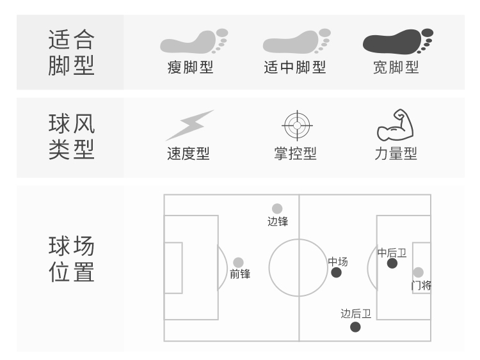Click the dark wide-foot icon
pyautogui.click(x=397, y=42)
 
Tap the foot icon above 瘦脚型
pyautogui.click(x=194, y=42)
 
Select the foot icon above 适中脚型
pyautogui.click(x=296, y=42)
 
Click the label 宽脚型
pyautogui.click(x=396, y=67)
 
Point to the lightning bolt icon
pyautogui.click(x=190, y=125)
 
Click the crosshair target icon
pyautogui.click(x=297, y=125)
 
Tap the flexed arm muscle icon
pyautogui.click(x=396, y=125)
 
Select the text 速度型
pyautogui.click(x=188, y=153)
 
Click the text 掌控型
pyautogui.click(x=295, y=153)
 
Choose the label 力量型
pyautogui.click(x=396, y=153)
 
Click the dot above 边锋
pyautogui.click(x=277, y=208)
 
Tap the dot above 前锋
pyautogui.click(x=238, y=262)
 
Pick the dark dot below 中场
pyautogui.click(x=336, y=272)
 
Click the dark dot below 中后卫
pyautogui.click(x=392, y=263)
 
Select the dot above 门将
pyautogui.click(x=418, y=272)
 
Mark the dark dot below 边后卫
pyautogui.click(x=355, y=327)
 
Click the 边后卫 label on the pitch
pyautogui.click(x=356, y=313)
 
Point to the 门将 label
pyautogui.click(x=421, y=286)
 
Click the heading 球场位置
pyautogui.click(x=71, y=259)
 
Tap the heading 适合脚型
pyautogui.click(x=71, y=52)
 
